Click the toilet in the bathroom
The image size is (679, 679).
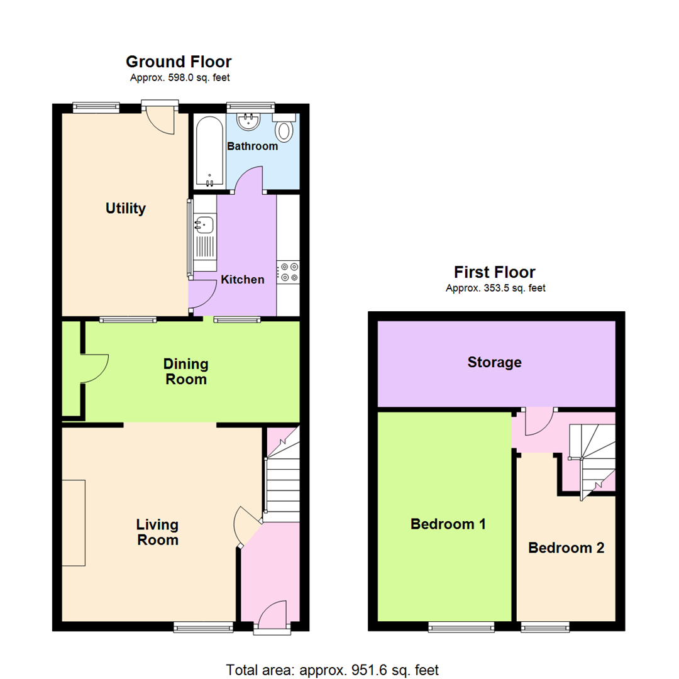coord(285,130)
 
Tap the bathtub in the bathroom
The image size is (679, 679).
coord(208,151)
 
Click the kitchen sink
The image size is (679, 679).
coord(205,223)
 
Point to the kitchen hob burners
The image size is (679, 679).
coord(290,272)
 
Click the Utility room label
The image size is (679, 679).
coord(126,208)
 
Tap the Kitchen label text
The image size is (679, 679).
coord(242,279)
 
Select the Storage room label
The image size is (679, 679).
coord(494,362)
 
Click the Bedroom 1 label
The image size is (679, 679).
coord(448,524)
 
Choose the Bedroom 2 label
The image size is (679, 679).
coord(566,548)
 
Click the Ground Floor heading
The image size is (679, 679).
coord(179,62)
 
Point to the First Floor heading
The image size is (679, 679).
coord(495,272)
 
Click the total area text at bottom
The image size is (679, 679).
coord(332,670)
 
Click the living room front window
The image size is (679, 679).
coord(203,626)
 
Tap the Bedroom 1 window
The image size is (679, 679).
coord(453,626)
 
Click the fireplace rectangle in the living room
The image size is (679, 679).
coord(73,523)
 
